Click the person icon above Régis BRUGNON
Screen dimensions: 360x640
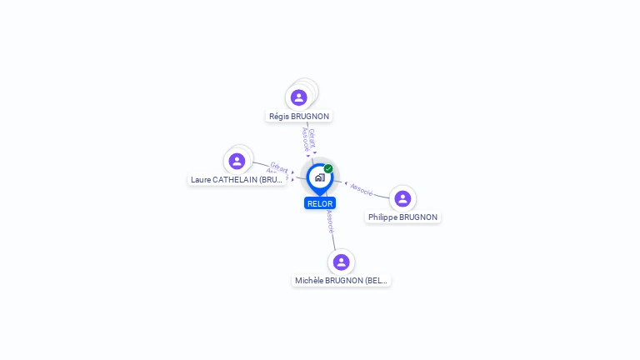(299, 97)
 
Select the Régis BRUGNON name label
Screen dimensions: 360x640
(299, 116)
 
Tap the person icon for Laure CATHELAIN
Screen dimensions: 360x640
(237, 161)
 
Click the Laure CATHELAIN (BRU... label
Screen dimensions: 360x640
(237, 179)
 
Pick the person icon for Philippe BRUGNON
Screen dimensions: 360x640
(402, 198)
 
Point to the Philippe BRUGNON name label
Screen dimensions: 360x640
(402, 217)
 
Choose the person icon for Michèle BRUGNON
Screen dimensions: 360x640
(341, 262)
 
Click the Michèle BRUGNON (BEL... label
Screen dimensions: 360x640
(341, 281)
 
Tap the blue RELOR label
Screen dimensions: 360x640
(320, 203)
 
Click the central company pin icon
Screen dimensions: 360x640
(318, 177)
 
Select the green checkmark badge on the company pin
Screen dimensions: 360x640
(328, 169)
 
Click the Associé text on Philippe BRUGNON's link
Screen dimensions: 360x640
(362, 189)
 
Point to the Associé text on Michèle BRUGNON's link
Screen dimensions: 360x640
(331, 221)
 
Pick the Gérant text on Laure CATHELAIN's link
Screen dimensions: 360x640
(279, 167)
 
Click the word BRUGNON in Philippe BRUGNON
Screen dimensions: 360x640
(418, 217)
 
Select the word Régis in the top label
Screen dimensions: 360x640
(279, 116)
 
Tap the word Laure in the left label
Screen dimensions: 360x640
(201, 179)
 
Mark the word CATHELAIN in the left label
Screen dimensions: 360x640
(236, 179)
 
